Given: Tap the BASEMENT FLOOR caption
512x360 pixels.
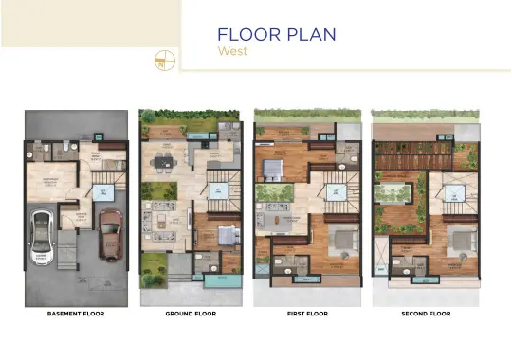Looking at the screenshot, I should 76,312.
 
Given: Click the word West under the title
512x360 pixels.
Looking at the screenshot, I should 232,51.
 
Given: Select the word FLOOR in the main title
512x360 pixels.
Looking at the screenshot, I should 247,35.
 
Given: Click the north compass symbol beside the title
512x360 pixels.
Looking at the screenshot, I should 163,59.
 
